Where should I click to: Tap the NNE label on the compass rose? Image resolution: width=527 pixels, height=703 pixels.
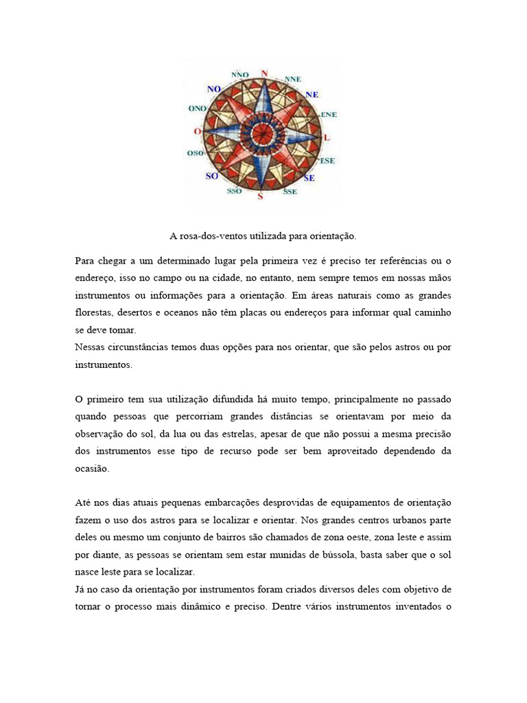click(292, 80)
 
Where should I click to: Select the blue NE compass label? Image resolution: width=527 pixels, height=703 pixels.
click(312, 94)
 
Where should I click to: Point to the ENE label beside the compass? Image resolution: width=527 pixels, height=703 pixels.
click(329, 114)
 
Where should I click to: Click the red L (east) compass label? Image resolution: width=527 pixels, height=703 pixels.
click(327, 138)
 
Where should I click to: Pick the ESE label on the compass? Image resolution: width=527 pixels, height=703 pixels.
click(327, 161)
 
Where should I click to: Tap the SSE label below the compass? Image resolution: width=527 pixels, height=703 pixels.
click(290, 192)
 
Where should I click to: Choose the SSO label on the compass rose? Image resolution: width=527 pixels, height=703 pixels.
click(234, 191)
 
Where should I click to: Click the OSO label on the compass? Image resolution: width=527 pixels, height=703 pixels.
click(195, 154)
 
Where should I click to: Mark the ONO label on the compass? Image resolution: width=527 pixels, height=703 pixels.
click(197, 108)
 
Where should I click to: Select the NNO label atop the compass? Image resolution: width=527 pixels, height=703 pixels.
click(240, 74)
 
